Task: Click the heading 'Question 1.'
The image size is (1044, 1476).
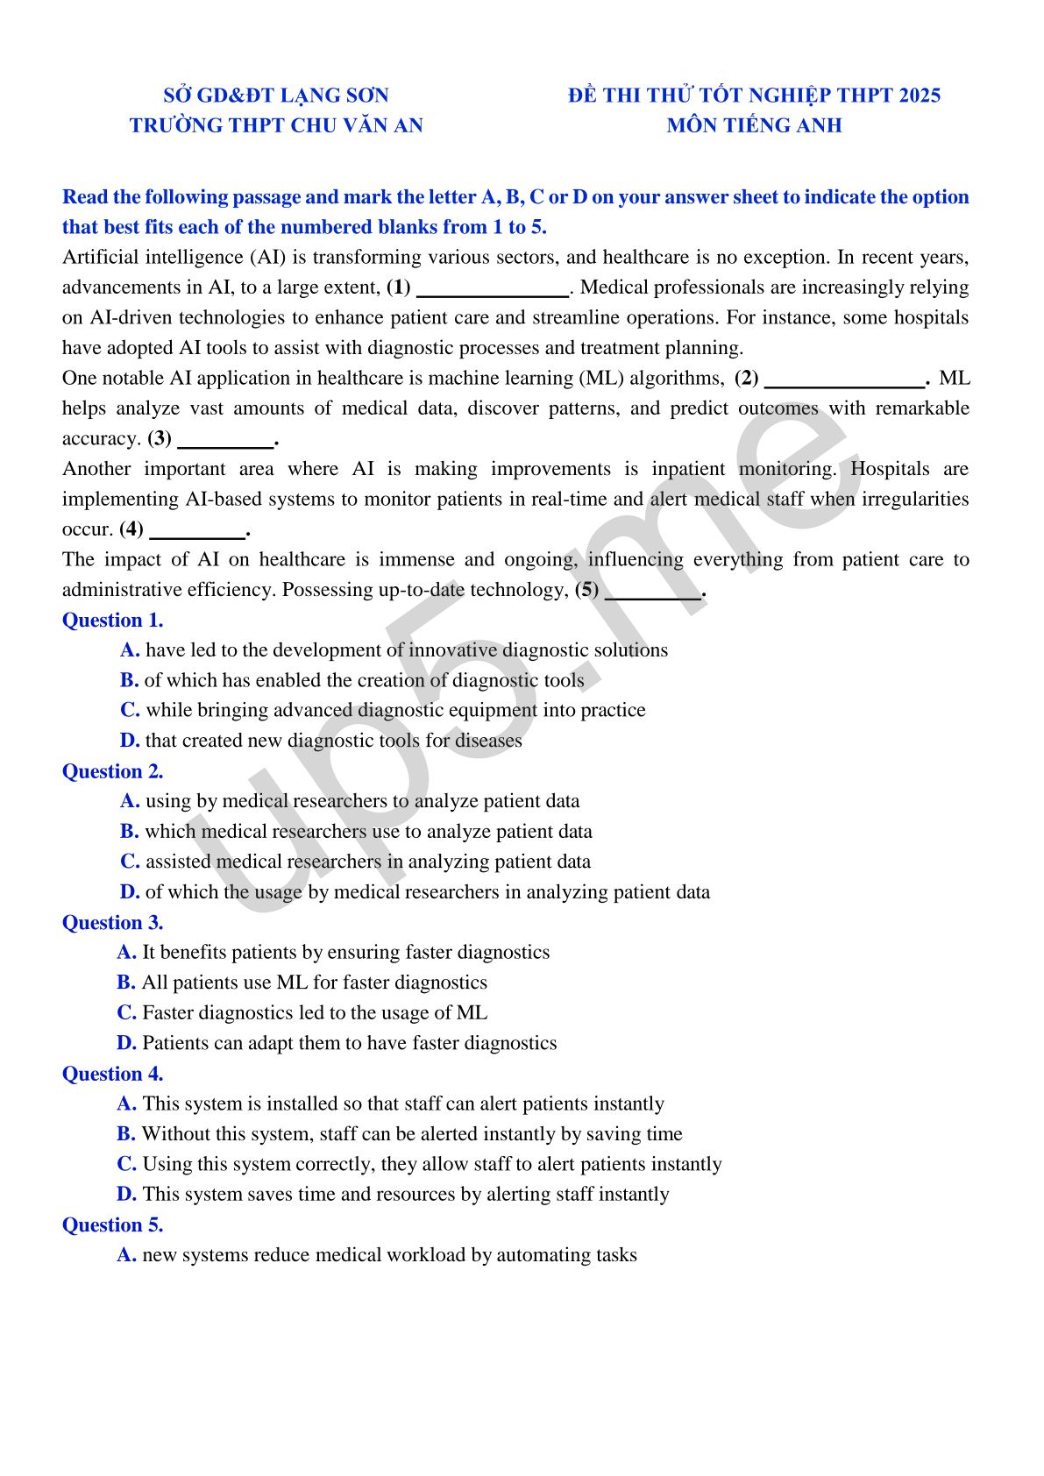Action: (112, 621)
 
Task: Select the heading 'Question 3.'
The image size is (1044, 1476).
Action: (112, 923)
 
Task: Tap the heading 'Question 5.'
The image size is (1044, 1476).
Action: (112, 1225)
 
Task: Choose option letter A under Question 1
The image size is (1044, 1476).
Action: (130, 650)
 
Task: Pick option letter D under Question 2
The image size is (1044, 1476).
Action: (130, 892)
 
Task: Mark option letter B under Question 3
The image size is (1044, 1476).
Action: (126, 983)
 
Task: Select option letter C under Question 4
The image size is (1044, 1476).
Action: (126, 1164)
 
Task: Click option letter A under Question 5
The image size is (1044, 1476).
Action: (126, 1255)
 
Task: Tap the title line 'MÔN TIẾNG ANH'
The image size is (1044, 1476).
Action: (754, 125)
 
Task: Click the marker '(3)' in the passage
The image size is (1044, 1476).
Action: (160, 438)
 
